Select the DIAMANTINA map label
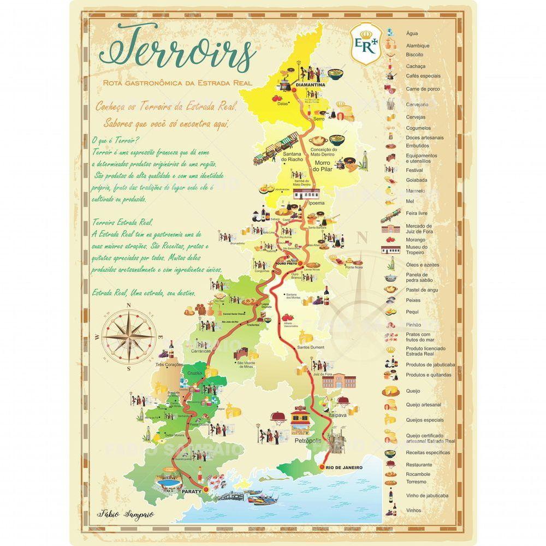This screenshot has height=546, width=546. (x=310, y=86)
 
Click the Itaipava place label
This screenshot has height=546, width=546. (x=340, y=416)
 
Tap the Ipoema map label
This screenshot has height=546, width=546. (x=316, y=204)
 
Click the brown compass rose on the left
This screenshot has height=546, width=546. (x=129, y=335)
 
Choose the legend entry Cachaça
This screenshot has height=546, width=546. (x=416, y=66)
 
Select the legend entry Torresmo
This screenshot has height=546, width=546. (x=416, y=482)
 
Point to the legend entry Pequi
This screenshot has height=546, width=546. (x=412, y=312)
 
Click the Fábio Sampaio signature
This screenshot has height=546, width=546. (x=118, y=514)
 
